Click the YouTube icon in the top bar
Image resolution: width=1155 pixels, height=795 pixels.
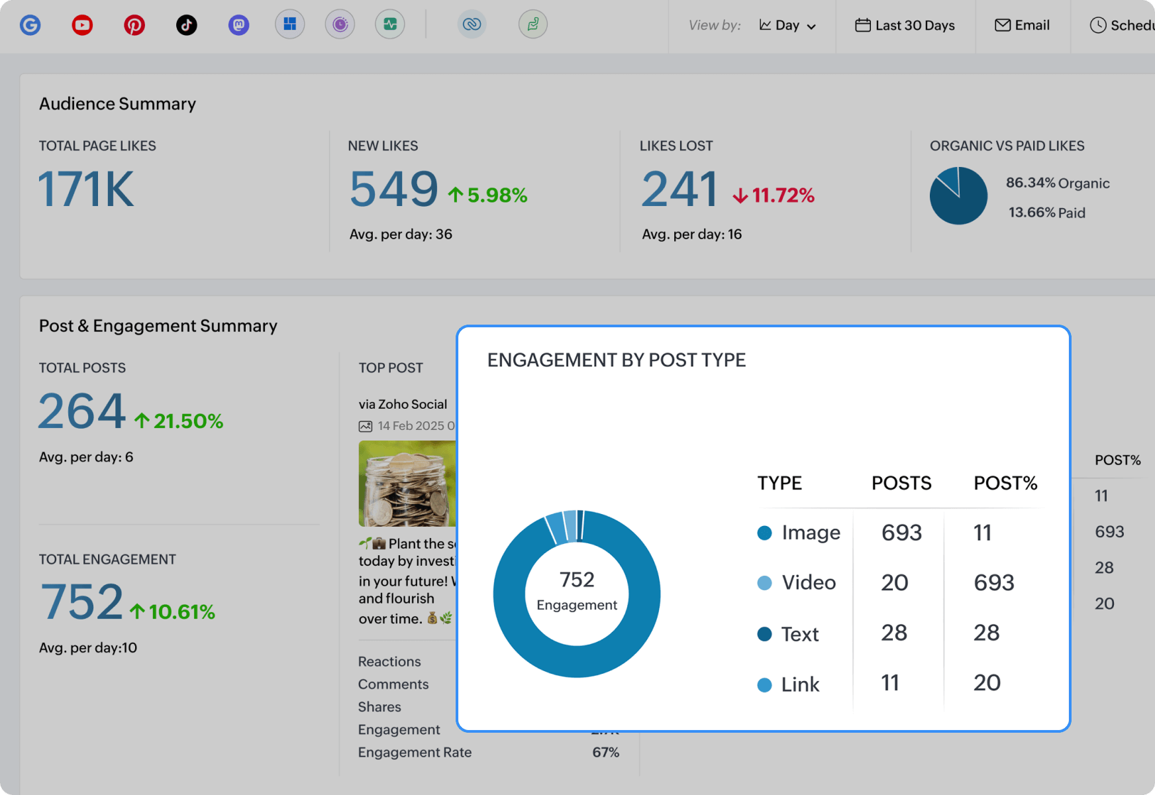82,25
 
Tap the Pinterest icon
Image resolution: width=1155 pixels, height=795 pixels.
134,25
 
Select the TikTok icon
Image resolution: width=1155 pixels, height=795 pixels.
187,25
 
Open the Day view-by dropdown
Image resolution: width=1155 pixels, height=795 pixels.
787,25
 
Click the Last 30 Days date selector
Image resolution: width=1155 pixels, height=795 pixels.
905,25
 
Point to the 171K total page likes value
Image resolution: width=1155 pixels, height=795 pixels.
86,189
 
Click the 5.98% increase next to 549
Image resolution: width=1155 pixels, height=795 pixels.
488,195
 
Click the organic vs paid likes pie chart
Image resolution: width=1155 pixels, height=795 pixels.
958,195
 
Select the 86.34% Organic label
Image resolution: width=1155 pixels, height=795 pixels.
1057,183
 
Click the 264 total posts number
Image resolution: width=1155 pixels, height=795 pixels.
81,411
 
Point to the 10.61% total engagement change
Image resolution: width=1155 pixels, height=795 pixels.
173,611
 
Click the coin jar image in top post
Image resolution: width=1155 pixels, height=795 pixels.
407,484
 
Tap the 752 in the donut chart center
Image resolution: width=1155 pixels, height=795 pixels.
577,580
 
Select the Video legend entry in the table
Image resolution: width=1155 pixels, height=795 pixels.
808,582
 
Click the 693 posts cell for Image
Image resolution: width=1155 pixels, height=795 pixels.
901,533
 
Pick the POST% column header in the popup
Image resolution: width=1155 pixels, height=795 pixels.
1005,483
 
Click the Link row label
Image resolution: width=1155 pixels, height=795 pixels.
799,684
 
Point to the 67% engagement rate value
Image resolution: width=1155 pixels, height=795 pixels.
605,752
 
